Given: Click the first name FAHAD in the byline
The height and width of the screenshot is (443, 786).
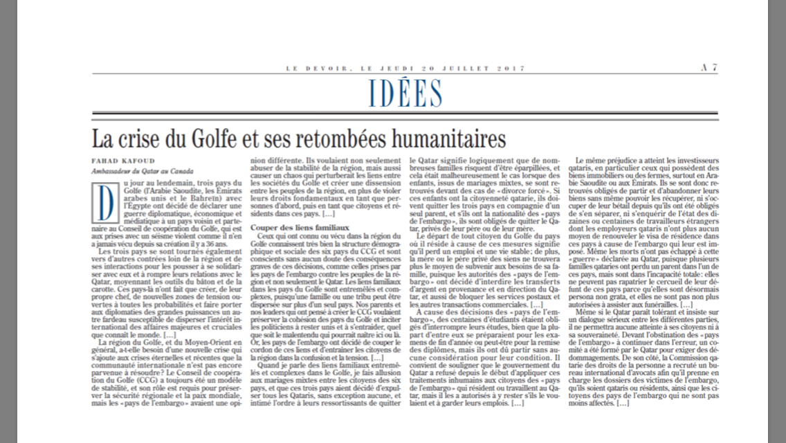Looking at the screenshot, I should click(x=104, y=161).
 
